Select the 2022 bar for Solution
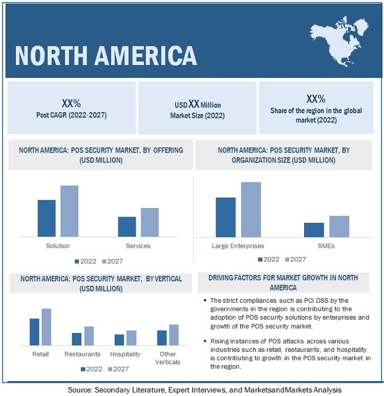[47, 218]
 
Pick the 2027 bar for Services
[150, 222]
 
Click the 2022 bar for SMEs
[314, 230]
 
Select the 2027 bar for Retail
[47, 327]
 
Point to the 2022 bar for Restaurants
[76, 339]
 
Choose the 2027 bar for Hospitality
[132, 338]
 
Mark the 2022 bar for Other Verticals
[162, 338]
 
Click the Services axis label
[138, 246]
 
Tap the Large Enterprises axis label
[238, 246]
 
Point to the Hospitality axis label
[125, 354]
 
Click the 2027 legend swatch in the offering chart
[104, 261]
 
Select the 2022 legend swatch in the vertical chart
[83, 369]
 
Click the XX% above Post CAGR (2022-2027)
[71, 103]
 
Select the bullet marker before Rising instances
[205, 341]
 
